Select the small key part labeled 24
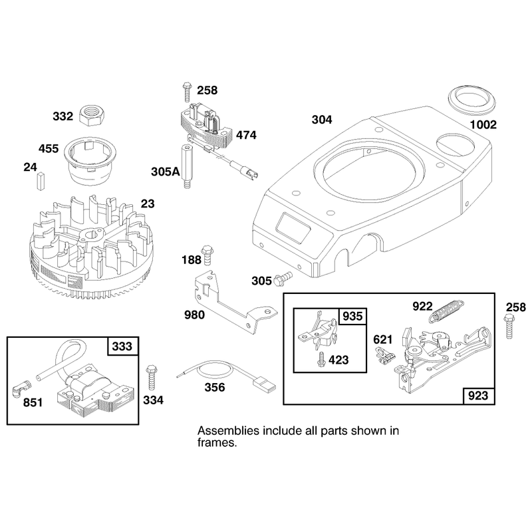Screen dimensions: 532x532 (41, 180)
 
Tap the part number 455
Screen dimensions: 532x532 (49, 148)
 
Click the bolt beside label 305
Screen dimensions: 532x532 (282, 277)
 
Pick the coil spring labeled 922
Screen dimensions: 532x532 (446, 311)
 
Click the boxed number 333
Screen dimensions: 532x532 (123, 346)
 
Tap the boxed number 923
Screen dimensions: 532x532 (478, 395)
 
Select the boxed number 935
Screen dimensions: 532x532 (353, 317)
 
